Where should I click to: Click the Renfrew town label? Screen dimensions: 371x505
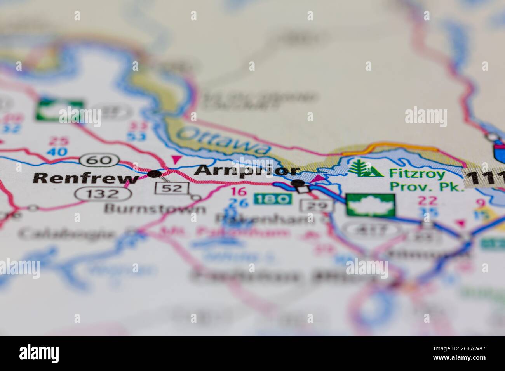pyautogui.click(x=85, y=178)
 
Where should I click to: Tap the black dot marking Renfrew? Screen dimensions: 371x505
pyautogui.click(x=155, y=174)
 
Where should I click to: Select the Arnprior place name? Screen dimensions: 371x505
pyautogui.click(x=247, y=171)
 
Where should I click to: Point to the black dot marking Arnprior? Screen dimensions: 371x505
pyautogui.click(x=298, y=182)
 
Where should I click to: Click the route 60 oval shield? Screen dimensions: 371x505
pyautogui.click(x=99, y=159)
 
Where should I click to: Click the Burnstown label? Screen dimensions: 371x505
pyautogui.click(x=155, y=209)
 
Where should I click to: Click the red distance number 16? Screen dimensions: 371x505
pyautogui.click(x=238, y=191)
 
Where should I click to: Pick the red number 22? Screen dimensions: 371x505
pyautogui.click(x=427, y=200)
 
